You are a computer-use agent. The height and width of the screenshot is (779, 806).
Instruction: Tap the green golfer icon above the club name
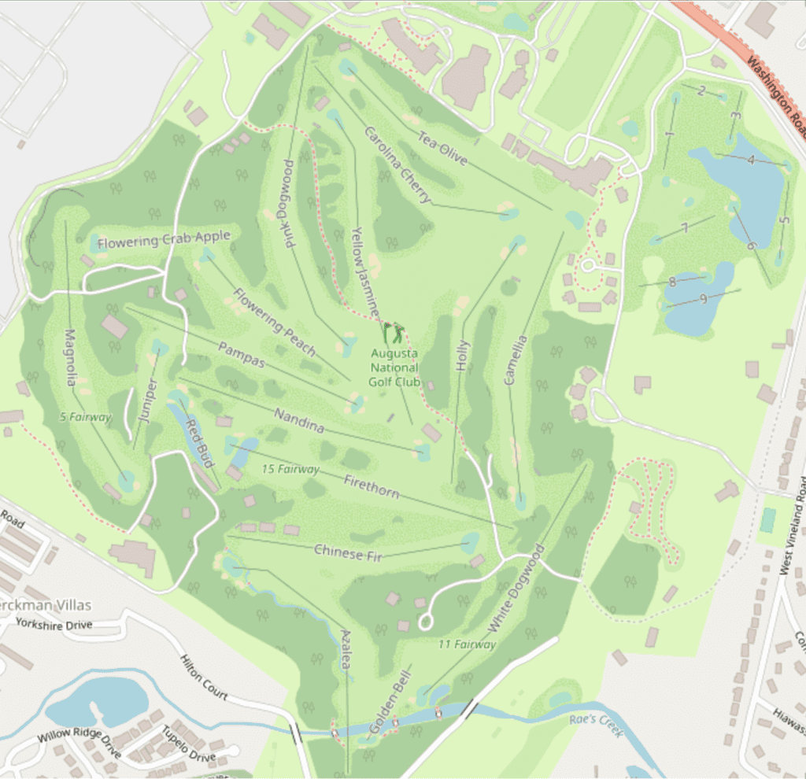[394, 334]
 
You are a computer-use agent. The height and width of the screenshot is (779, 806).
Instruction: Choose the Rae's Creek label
[595, 725]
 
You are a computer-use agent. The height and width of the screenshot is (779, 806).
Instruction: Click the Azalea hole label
[346, 650]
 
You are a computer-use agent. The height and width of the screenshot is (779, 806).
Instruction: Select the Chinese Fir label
[348, 552]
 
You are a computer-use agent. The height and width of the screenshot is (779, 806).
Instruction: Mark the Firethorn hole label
[371, 486]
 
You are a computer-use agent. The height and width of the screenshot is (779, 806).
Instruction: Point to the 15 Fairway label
[290, 469]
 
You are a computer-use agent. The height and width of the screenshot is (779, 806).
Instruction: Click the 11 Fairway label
[468, 644]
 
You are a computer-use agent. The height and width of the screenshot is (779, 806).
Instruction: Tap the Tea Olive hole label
[442, 147]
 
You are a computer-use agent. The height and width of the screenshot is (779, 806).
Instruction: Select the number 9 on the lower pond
[702, 299]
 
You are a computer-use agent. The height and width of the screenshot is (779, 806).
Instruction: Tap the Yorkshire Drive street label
[53, 625]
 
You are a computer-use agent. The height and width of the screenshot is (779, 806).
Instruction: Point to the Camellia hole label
[516, 360]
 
